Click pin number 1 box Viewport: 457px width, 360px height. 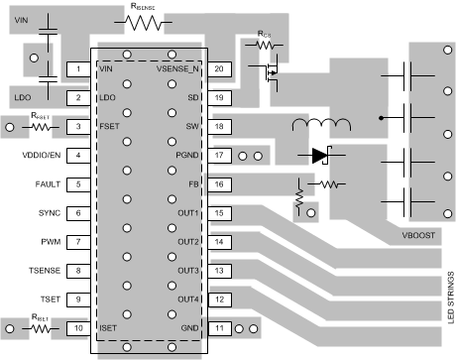(77, 69)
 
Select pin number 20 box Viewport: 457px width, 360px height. (220, 69)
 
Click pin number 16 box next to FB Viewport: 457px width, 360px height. (220, 184)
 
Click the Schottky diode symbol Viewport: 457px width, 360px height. (319, 156)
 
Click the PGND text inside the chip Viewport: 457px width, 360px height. (187, 156)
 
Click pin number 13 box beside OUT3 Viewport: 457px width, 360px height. (220, 271)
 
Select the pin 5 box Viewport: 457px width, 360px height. (77, 184)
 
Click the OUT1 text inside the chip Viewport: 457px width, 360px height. (188, 213)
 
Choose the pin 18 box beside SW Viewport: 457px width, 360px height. (220, 127)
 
